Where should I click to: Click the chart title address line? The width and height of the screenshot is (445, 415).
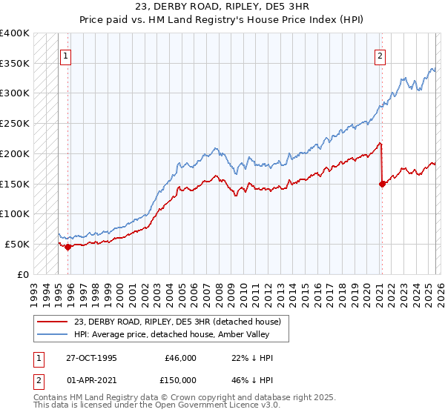222,7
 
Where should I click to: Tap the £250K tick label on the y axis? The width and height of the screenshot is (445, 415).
14,123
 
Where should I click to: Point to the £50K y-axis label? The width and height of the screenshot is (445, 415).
17,244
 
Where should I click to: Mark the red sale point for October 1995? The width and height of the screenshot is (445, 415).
67,247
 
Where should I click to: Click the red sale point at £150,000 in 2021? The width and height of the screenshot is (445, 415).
382,184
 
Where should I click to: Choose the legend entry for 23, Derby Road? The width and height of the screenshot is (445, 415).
177,322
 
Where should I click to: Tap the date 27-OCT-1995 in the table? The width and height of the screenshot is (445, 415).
91,358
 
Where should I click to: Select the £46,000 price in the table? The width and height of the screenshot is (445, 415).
180,358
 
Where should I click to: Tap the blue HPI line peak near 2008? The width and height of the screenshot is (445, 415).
215,149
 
